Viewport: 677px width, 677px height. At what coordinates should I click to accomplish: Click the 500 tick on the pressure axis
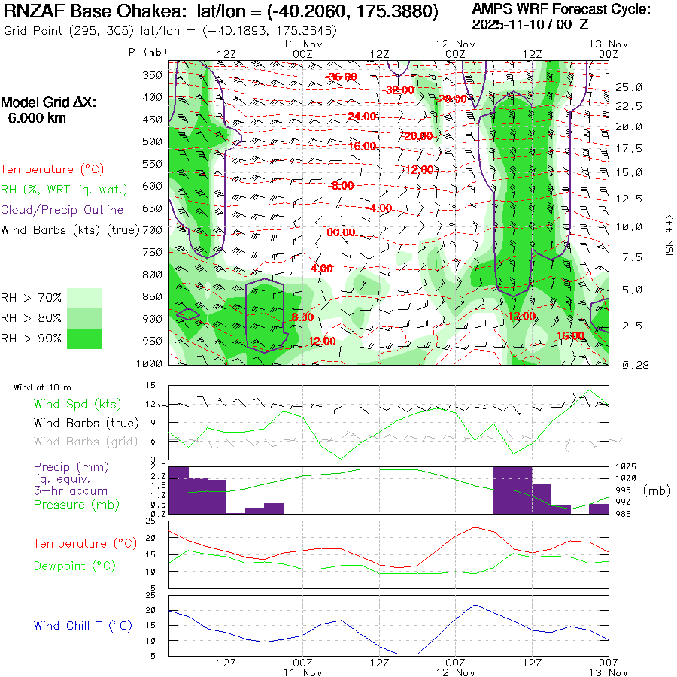tap(153, 141)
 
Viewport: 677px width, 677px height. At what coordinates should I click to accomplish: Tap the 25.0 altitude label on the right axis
tap(629, 87)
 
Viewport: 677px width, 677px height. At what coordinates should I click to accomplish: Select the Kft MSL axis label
tap(667, 235)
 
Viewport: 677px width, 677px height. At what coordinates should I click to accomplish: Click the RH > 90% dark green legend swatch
tap(84, 338)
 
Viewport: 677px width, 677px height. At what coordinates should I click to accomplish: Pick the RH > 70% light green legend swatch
tap(84, 298)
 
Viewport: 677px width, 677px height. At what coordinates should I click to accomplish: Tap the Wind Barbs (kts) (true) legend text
tap(70, 230)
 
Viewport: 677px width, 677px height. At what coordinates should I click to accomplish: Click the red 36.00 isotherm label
tap(342, 77)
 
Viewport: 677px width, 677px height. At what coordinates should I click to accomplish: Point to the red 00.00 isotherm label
tap(341, 233)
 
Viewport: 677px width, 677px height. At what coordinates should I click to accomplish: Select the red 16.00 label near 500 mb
tap(362, 146)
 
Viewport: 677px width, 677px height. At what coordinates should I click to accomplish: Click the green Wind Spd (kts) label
tap(77, 405)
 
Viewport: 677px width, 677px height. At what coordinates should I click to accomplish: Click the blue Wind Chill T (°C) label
tap(83, 626)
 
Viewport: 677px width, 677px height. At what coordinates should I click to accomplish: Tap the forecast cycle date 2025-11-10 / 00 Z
tap(530, 24)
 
